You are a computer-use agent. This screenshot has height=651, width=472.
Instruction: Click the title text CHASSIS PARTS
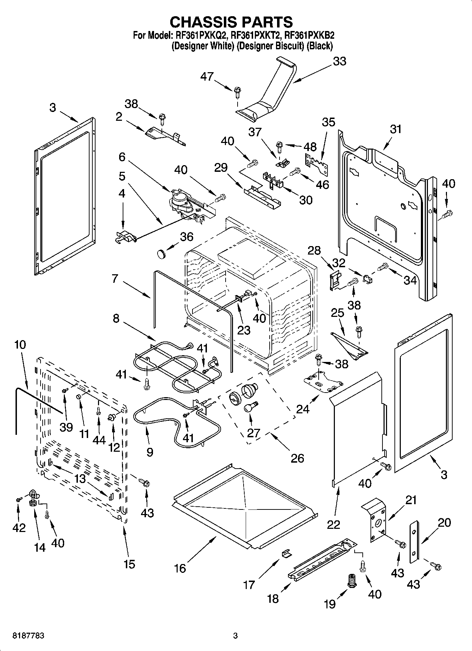click(231, 22)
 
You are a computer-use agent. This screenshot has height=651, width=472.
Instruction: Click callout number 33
click(339, 61)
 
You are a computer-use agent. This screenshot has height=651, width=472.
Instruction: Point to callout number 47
click(207, 76)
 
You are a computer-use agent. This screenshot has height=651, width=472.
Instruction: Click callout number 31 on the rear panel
click(396, 129)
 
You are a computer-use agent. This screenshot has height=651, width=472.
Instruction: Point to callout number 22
click(333, 524)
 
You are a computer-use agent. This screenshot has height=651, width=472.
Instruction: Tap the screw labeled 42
click(18, 499)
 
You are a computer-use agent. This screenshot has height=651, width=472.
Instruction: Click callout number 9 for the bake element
click(149, 452)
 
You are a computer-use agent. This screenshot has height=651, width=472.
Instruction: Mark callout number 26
click(297, 458)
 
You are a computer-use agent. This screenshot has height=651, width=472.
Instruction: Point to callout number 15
click(129, 564)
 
